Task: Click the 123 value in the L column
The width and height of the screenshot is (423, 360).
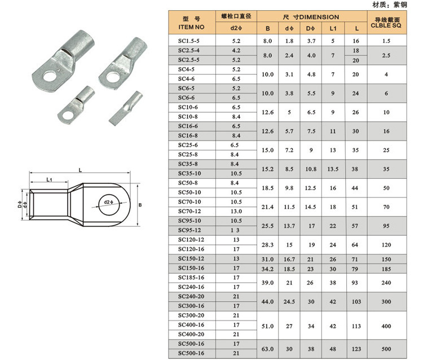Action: [x=355, y=348]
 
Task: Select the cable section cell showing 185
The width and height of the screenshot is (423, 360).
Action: [x=386, y=268]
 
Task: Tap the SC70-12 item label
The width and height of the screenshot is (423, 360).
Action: [x=189, y=211]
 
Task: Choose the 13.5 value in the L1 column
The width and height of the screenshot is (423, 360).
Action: [x=333, y=169]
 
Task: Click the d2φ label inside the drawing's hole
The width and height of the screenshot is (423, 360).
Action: [x=109, y=202]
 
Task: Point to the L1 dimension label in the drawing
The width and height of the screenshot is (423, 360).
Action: [x=49, y=179]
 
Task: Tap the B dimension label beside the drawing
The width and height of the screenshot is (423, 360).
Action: [x=140, y=205]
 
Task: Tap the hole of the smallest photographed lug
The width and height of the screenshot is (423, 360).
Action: [x=69, y=117]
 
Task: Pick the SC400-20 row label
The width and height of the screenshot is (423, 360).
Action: [x=189, y=334]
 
